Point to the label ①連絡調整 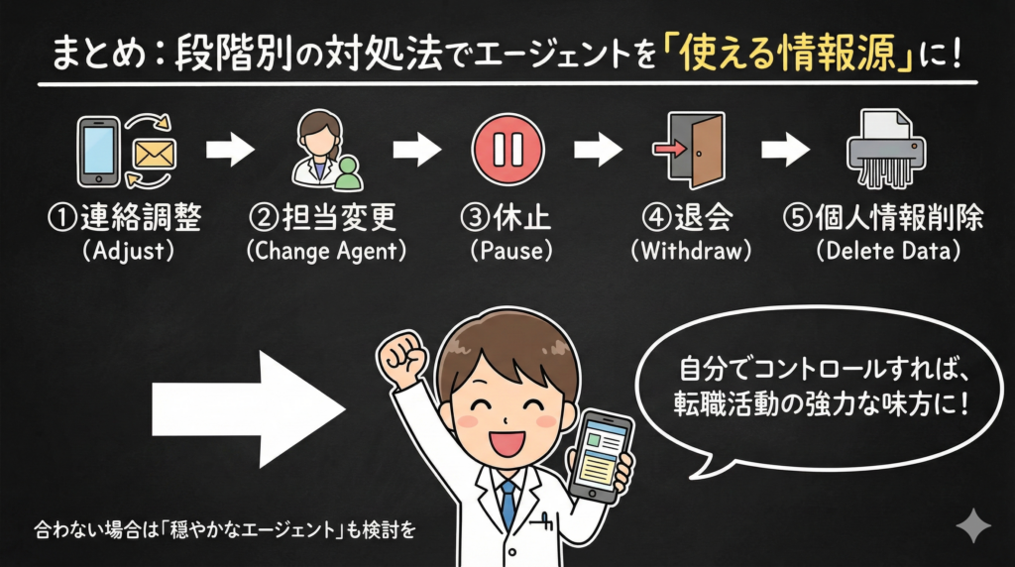click(129, 218)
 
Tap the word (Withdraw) click(693, 251)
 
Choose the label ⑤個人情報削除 click(885, 218)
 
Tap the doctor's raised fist click(401, 351)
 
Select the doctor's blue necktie click(507, 501)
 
